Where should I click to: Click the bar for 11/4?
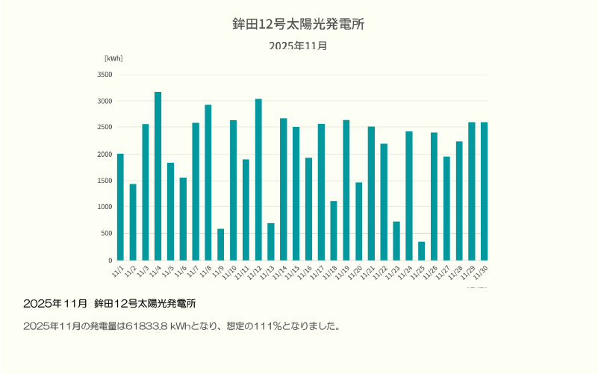[158, 176]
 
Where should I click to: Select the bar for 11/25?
[421, 251]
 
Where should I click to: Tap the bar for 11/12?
[258, 179]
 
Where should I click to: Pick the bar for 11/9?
[220, 244]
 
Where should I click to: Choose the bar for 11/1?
[120, 207]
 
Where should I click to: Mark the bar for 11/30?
[484, 191]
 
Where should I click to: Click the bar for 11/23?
[396, 240]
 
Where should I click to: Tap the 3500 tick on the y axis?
[105, 75]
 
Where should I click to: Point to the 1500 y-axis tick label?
[105, 181]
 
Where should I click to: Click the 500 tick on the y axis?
[107, 234]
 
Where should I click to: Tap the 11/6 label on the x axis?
[181, 269]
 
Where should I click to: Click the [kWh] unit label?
[113, 58]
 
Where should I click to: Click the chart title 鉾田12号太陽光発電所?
[299, 24]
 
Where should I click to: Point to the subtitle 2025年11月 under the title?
[299, 46]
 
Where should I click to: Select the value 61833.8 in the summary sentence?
[147, 326]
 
